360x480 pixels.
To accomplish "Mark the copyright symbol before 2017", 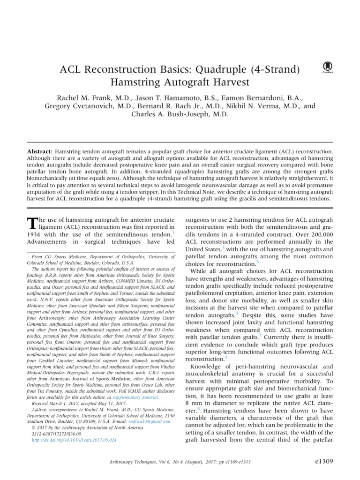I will coord(33,427).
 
